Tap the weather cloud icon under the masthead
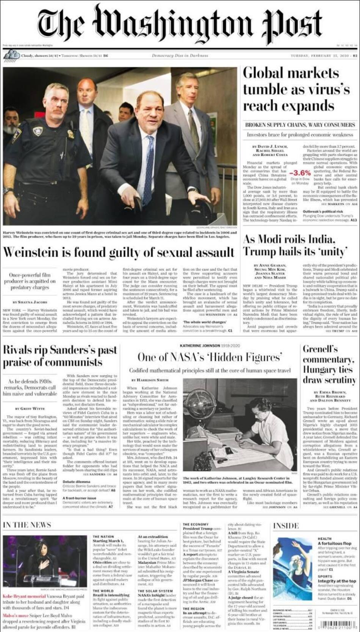click(x=11, y=56)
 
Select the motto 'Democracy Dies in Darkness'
click(x=180, y=56)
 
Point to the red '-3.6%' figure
click(x=299, y=173)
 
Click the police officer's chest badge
click(x=38, y=131)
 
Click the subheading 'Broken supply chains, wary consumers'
click(x=299, y=125)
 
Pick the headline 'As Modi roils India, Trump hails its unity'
click(x=295, y=245)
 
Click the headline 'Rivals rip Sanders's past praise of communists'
click(x=60, y=356)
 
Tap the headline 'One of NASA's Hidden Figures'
click(x=210, y=357)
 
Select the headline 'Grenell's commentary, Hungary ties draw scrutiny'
click(x=329, y=364)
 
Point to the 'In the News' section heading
click(x=27, y=524)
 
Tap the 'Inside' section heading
click(x=286, y=526)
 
